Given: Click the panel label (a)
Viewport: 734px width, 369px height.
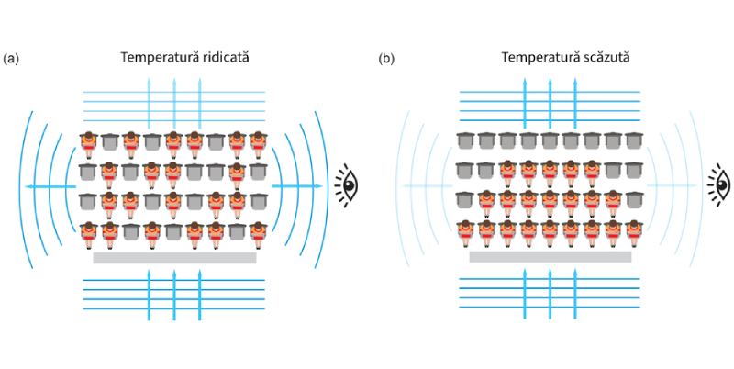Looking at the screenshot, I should [11, 59].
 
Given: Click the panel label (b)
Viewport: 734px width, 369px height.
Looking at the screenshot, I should [387, 59].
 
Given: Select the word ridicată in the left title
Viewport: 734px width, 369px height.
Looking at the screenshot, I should [220, 58].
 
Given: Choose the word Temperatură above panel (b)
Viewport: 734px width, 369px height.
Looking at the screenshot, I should [536, 58].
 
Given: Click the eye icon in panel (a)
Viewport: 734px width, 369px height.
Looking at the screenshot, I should [346, 183].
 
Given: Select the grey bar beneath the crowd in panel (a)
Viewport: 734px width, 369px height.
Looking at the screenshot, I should [174, 258].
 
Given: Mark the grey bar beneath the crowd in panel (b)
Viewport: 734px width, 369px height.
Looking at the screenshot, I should [550, 258].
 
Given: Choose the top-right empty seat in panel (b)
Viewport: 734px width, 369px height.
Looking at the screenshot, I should [633, 141].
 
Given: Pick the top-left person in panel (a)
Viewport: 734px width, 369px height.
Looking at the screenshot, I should [88, 142].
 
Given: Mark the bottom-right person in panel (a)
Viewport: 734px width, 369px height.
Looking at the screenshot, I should [260, 232].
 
